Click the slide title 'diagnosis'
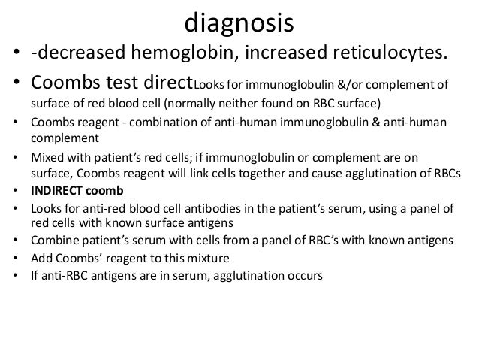[x=239, y=24]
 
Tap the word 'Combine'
[x=54, y=241]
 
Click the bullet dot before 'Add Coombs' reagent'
[x=16, y=258]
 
